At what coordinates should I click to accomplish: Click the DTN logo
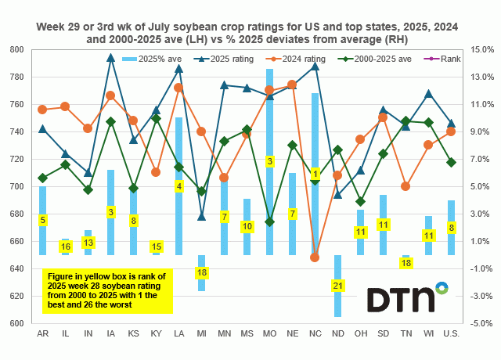coord(407,299)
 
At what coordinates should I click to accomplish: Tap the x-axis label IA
coord(110,334)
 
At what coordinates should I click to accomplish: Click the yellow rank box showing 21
coord(338,286)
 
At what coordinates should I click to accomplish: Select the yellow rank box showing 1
coord(315,174)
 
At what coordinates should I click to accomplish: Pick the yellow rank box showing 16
coord(66,247)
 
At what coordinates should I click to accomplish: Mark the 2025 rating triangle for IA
coord(111,57)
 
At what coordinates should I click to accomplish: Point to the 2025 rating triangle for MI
coord(202,217)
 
